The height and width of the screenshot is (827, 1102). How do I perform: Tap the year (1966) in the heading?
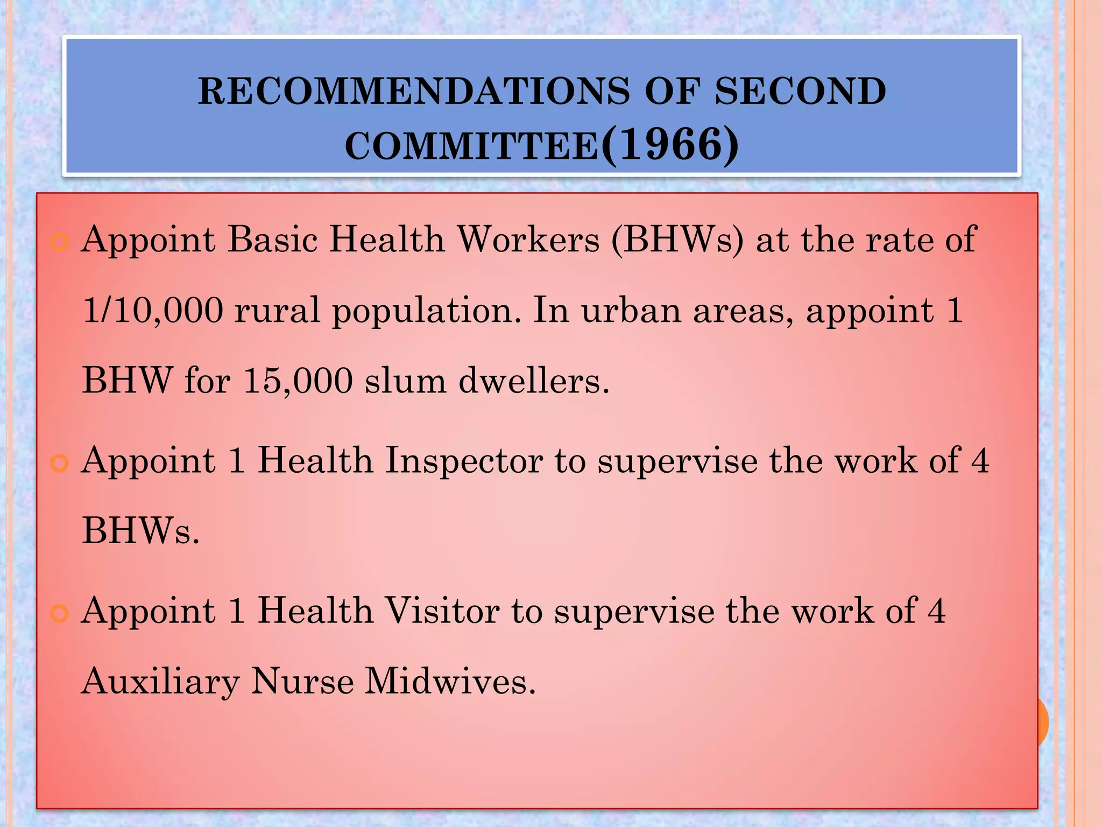[670, 145]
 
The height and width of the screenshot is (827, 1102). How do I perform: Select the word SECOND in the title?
[800, 91]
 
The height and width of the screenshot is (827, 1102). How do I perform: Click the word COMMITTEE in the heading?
[471, 146]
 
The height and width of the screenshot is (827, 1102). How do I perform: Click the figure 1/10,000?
[153, 311]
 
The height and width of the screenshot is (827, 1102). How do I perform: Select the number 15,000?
[298, 381]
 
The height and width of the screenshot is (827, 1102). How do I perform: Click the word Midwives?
[450, 681]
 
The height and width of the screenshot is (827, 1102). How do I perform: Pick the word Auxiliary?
[160, 682]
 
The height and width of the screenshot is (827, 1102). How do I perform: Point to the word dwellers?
[534, 381]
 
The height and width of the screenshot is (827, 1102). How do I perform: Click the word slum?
[405, 381]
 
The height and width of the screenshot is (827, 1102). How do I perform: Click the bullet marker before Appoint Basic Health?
[59, 242]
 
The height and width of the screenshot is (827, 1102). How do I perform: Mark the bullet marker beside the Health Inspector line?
[59, 464]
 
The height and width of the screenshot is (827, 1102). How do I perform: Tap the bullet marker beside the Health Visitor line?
[59, 614]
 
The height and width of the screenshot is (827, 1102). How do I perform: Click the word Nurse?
[302, 681]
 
